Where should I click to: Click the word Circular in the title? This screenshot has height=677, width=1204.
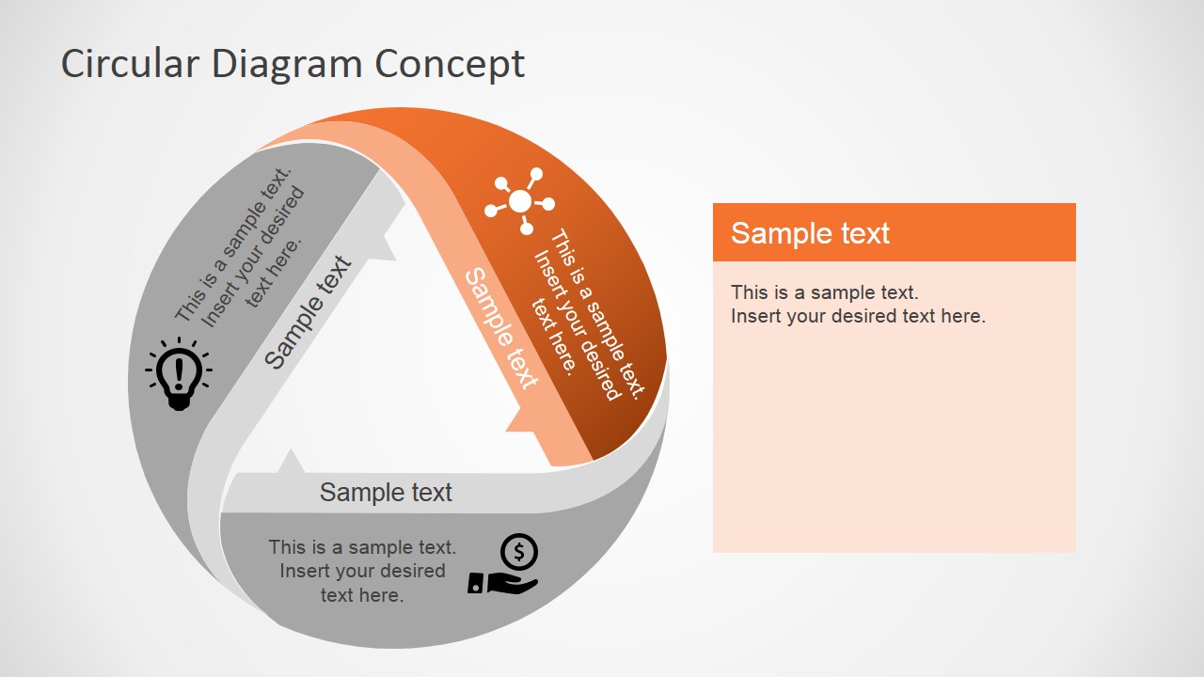[131, 64]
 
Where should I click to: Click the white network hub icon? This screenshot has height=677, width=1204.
[519, 201]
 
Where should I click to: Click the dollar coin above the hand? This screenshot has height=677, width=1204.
[519, 551]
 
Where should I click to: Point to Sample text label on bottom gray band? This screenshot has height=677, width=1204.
[386, 492]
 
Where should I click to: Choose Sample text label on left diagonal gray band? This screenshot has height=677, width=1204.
[307, 312]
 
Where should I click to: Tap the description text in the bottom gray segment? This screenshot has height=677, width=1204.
[362, 571]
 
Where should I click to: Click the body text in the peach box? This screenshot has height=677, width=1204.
[858, 304]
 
